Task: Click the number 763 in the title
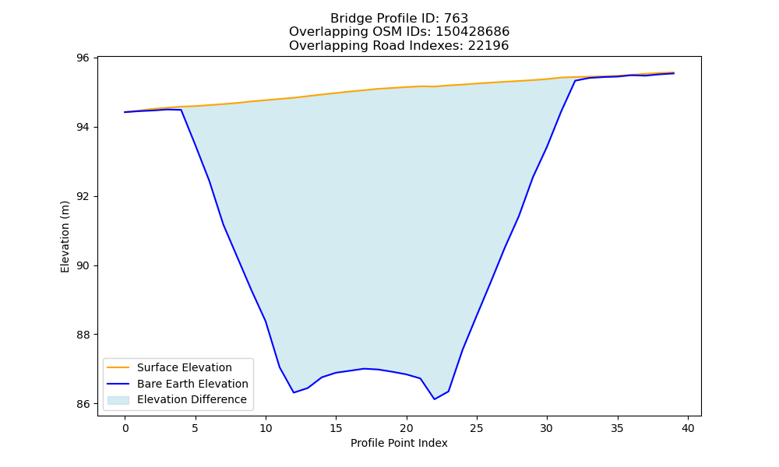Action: (456, 19)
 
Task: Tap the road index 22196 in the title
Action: (488, 46)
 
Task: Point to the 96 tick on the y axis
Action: (83, 58)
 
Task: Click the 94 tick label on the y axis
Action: (83, 128)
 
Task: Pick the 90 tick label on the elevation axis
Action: (83, 266)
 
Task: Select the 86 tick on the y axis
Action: (83, 405)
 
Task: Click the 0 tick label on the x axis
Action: (125, 428)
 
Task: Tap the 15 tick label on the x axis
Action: (337, 428)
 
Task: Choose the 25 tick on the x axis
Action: (477, 428)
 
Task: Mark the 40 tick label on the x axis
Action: (688, 428)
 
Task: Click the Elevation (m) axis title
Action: (65, 237)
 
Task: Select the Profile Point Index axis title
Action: (399, 443)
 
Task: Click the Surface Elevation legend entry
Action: (185, 367)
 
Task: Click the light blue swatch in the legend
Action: (118, 400)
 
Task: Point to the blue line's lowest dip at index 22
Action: (435, 399)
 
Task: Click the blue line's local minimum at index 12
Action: (294, 392)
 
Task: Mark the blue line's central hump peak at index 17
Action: (364, 368)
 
